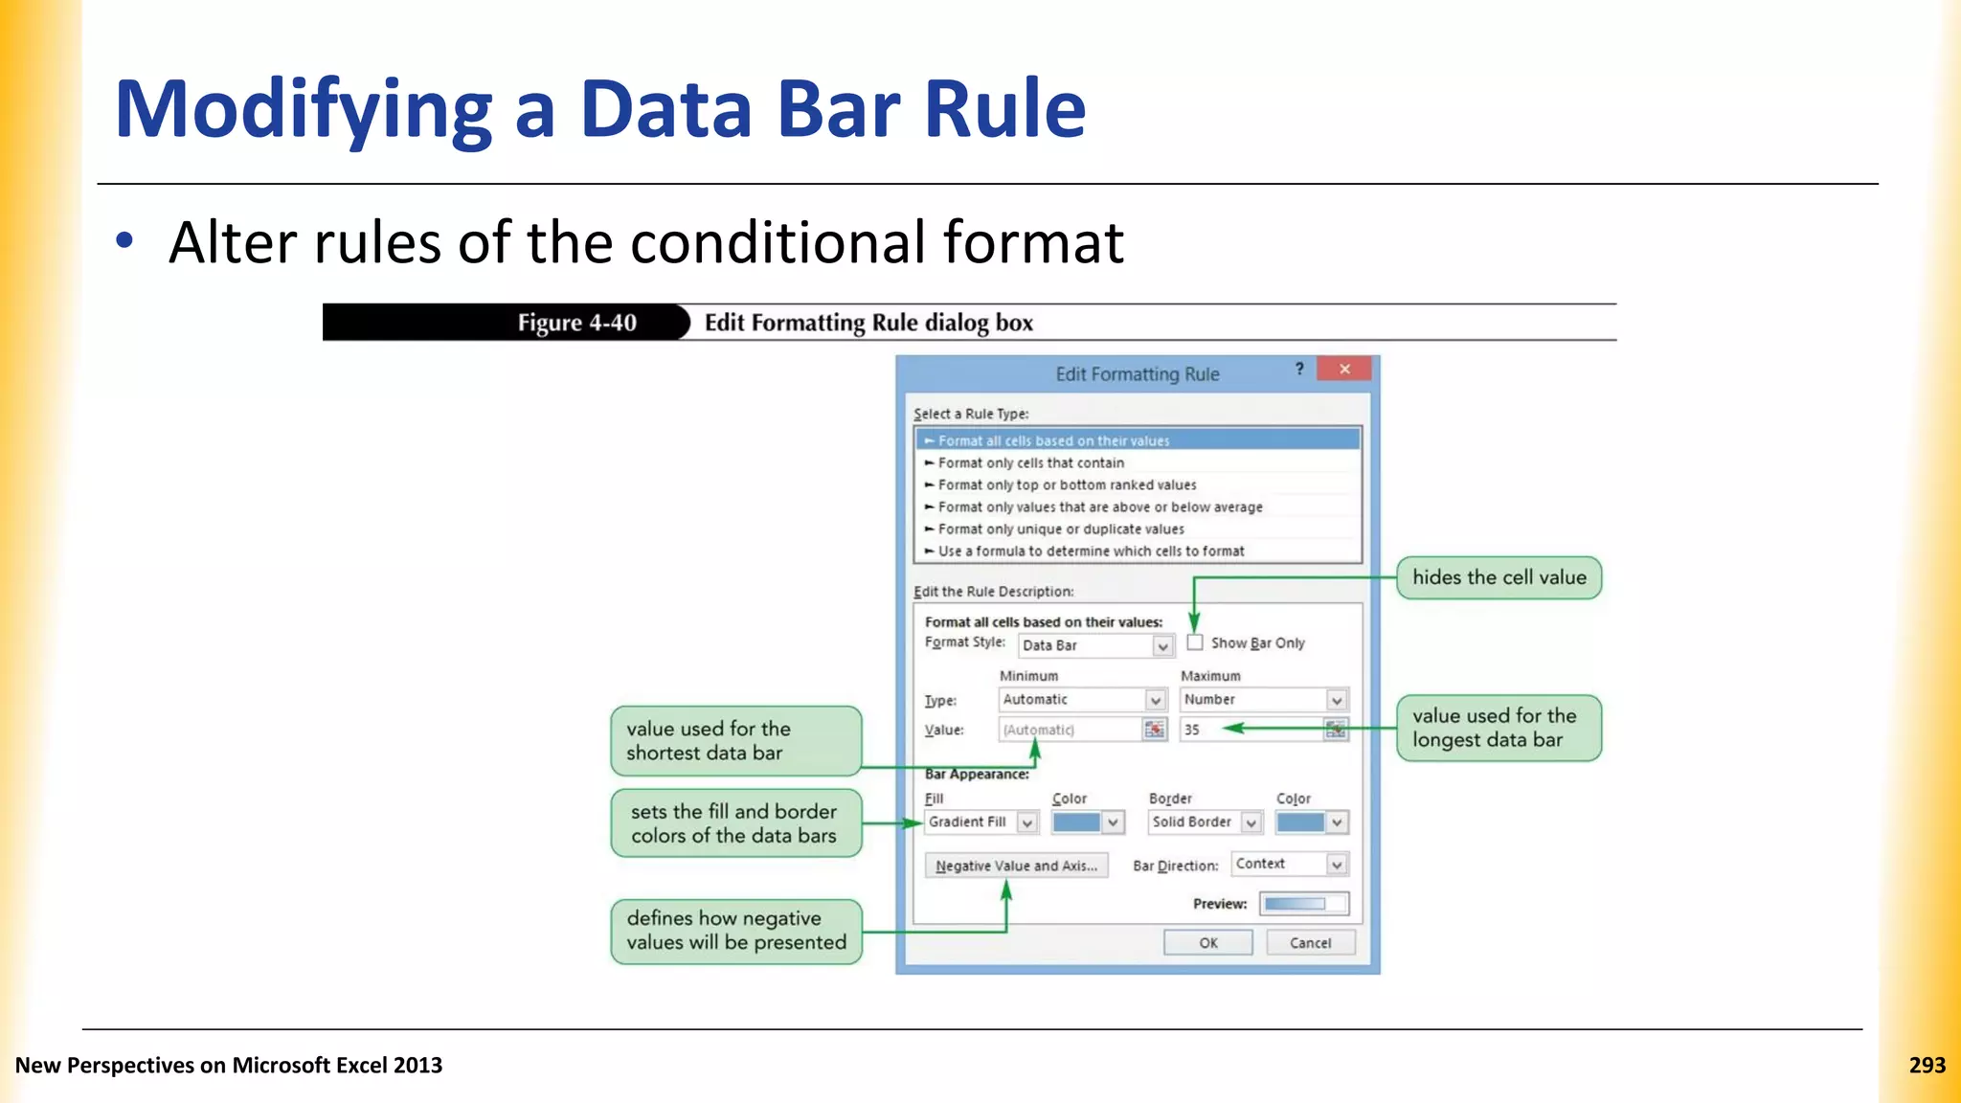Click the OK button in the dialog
(x=1207, y=943)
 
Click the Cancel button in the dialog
(x=1310, y=943)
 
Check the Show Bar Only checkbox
(x=1195, y=642)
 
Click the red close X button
(x=1344, y=370)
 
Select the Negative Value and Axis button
(x=1016, y=866)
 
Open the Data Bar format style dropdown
(x=1095, y=645)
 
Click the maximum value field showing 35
(x=1250, y=730)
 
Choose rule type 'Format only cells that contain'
(x=1030, y=462)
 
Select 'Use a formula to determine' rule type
(x=1091, y=551)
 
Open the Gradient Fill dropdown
(x=981, y=822)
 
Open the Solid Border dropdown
(x=1206, y=822)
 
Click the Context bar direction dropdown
(x=1289, y=864)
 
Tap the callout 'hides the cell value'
(x=1499, y=577)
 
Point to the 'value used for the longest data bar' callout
(x=1499, y=728)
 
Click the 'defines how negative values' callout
(x=735, y=931)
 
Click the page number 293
(x=1927, y=1065)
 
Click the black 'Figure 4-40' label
(x=576, y=323)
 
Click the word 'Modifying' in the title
(x=303, y=110)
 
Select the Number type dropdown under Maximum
(x=1264, y=700)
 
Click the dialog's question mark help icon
(x=1299, y=370)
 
